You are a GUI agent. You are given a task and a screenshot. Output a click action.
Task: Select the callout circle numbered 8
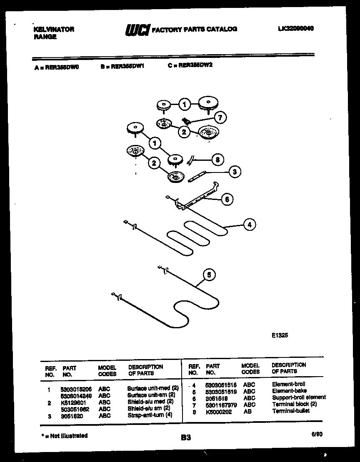pyautogui.click(x=217, y=159)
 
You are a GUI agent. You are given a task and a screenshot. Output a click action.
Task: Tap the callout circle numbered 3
pyautogui.click(x=235, y=171)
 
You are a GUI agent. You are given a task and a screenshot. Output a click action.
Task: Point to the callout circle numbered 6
pyautogui.click(x=227, y=199)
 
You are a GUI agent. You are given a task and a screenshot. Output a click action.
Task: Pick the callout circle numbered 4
pyautogui.click(x=249, y=225)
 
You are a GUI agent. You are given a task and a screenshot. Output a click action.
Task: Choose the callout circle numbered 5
pyautogui.click(x=209, y=275)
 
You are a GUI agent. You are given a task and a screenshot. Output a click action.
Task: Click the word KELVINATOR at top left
pyautogui.click(x=53, y=30)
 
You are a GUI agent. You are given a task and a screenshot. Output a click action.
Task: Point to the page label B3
pyautogui.click(x=186, y=437)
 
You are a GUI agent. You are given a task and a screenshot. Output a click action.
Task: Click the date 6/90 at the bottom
pyautogui.click(x=317, y=434)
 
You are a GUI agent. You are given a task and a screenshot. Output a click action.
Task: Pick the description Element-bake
pyautogui.click(x=289, y=391)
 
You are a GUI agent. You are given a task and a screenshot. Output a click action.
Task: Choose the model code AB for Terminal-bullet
pyautogui.click(x=247, y=411)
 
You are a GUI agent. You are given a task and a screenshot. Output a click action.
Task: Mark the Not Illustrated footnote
pyautogui.click(x=64, y=436)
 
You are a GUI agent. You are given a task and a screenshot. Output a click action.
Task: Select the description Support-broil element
pyautogui.click(x=299, y=398)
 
